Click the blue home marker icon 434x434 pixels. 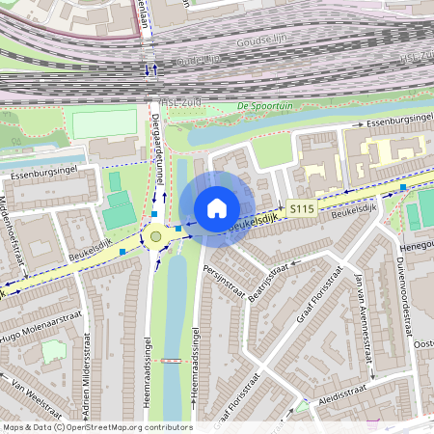click(x=217, y=208)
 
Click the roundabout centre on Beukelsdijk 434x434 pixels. click(x=155, y=236)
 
